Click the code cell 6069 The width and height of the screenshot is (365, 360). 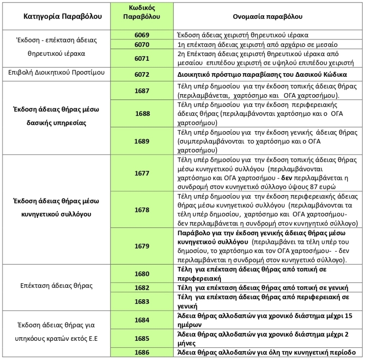pos(142,35)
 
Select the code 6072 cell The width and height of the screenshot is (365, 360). pos(142,74)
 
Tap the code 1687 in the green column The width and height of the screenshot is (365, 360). pos(142,91)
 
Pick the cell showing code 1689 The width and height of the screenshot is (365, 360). pos(142,141)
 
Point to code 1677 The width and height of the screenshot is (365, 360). pos(142,174)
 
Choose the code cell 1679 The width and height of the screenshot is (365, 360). pos(142,246)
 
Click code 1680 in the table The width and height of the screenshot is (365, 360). pos(142,274)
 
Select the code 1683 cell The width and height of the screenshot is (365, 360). pos(142,302)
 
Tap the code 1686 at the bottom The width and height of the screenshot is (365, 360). pos(142,352)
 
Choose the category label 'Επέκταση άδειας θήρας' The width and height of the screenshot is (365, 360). pos(57,286)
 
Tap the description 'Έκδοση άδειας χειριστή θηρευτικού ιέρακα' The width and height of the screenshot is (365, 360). pos(242,35)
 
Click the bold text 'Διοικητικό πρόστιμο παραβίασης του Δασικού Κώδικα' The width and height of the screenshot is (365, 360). pos(262,74)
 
